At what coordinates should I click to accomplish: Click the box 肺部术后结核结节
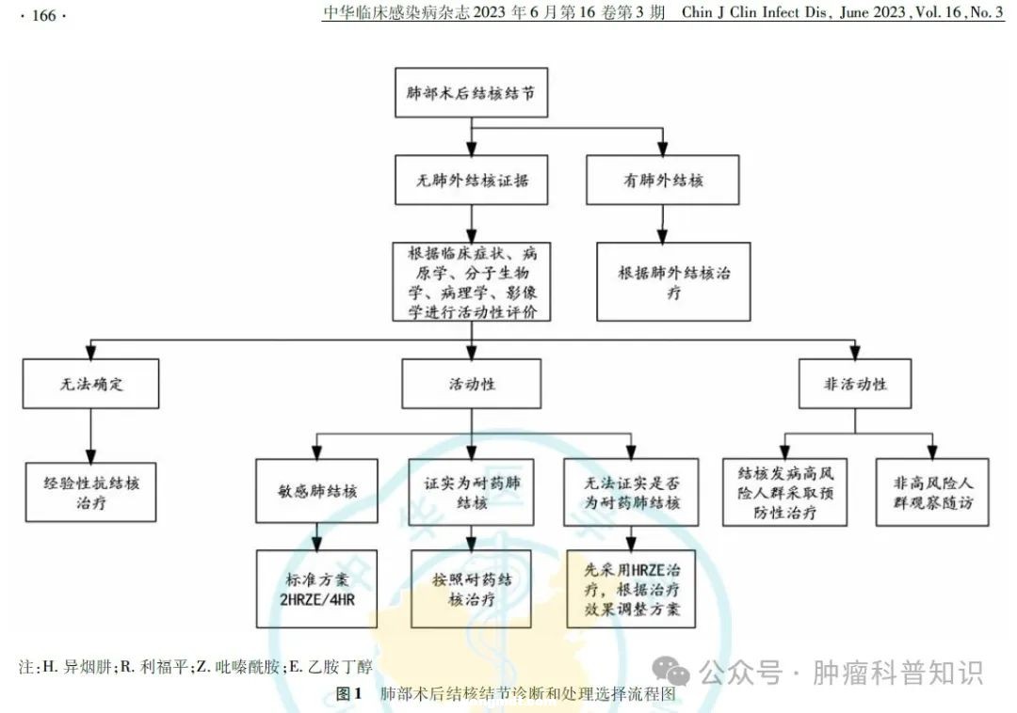click(x=472, y=92)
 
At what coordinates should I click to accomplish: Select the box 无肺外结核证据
click(x=472, y=180)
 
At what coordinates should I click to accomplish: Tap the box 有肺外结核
click(x=663, y=180)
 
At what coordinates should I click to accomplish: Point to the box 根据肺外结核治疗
click(x=674, y=281)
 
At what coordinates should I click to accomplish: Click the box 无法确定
click(x=90, y=384)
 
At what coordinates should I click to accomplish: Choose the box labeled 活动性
click(x=472, y=384)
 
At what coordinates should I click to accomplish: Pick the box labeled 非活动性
click(x=855, y=384)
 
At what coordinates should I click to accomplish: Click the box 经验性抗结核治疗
click(x=90, y=492)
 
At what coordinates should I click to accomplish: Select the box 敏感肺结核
click(x=317, y=491)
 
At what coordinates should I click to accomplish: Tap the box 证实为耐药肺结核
click(x=472, y=492)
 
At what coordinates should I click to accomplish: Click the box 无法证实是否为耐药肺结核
click(x=631, y=492)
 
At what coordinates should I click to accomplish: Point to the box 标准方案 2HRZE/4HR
click(x=317, y=590)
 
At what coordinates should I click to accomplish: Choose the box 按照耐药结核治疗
click(x=472, y=590)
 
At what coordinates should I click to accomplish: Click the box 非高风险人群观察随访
click(x=932, y=492)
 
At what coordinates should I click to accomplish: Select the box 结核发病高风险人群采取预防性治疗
click(x=785, y=492)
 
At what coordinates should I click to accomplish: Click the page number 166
click(x=44, y=16)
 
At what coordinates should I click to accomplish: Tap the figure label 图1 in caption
click(x=349, y=694)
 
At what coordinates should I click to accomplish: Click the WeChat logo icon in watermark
click(x=671, y=672)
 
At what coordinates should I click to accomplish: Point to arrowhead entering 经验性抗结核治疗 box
click(x=90, y=456)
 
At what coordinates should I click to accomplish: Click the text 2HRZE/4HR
click(x=317, y=600)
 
